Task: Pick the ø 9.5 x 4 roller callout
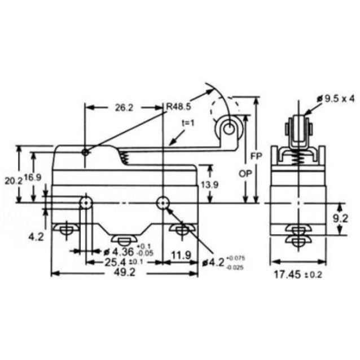tap(336, 99)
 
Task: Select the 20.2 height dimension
tap(13, 181)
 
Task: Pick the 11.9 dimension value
tap(181, 256)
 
